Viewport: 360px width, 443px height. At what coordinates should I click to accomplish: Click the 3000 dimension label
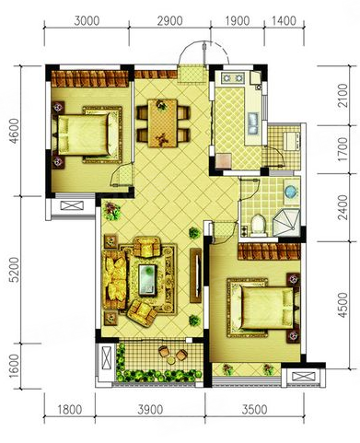pos(87,21)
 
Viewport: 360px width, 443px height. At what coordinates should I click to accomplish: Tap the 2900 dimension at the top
pos(169,21)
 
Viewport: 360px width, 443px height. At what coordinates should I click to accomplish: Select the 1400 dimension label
pos(284,21)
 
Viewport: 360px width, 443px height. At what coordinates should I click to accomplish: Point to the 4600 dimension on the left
pos(15,131)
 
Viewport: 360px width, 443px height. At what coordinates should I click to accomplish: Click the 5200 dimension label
pos(15,270)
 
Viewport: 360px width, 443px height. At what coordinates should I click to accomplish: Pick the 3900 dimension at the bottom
pos(150,410)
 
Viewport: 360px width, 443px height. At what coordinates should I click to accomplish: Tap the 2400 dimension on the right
pos(343,207)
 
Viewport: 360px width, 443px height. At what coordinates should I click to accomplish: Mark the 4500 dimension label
pos(343,305)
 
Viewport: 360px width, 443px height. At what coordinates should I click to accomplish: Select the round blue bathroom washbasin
pos(291,192)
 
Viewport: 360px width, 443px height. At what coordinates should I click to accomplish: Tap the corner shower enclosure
pos(285,223)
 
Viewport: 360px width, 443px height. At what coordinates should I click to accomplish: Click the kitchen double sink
pos(253,122)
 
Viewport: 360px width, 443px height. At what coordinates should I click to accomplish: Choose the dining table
pos(163,123)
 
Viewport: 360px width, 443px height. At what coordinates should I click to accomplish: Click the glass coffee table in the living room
pos(147,280)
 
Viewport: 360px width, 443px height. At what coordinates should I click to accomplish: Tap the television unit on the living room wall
pos(196,275)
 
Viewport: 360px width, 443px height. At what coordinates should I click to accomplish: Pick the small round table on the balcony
pos(171,360)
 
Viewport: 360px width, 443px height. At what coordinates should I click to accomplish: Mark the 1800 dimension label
pos(70,410)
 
